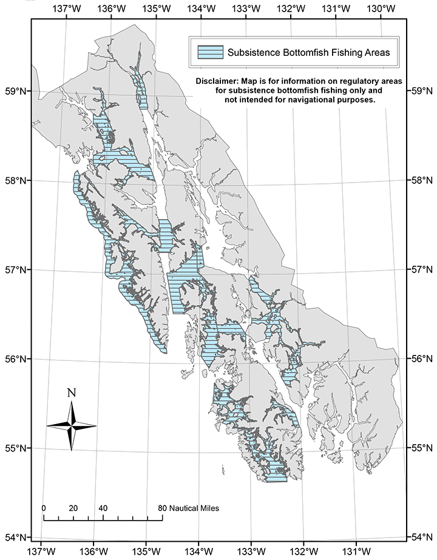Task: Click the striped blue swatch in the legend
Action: (210, 53)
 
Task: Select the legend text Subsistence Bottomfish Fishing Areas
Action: (308, 53)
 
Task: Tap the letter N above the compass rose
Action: (72, 393)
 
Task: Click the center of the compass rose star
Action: (72, 426)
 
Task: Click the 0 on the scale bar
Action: (44, 507)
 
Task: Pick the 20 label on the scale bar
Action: (73, 507)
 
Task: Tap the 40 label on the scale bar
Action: (103, 507)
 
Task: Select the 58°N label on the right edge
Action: (422, 180)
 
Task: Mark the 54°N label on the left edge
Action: (16, 537)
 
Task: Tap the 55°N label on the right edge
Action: (422, 448)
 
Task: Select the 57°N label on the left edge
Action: (16, 269)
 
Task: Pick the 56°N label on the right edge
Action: (422, 359)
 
